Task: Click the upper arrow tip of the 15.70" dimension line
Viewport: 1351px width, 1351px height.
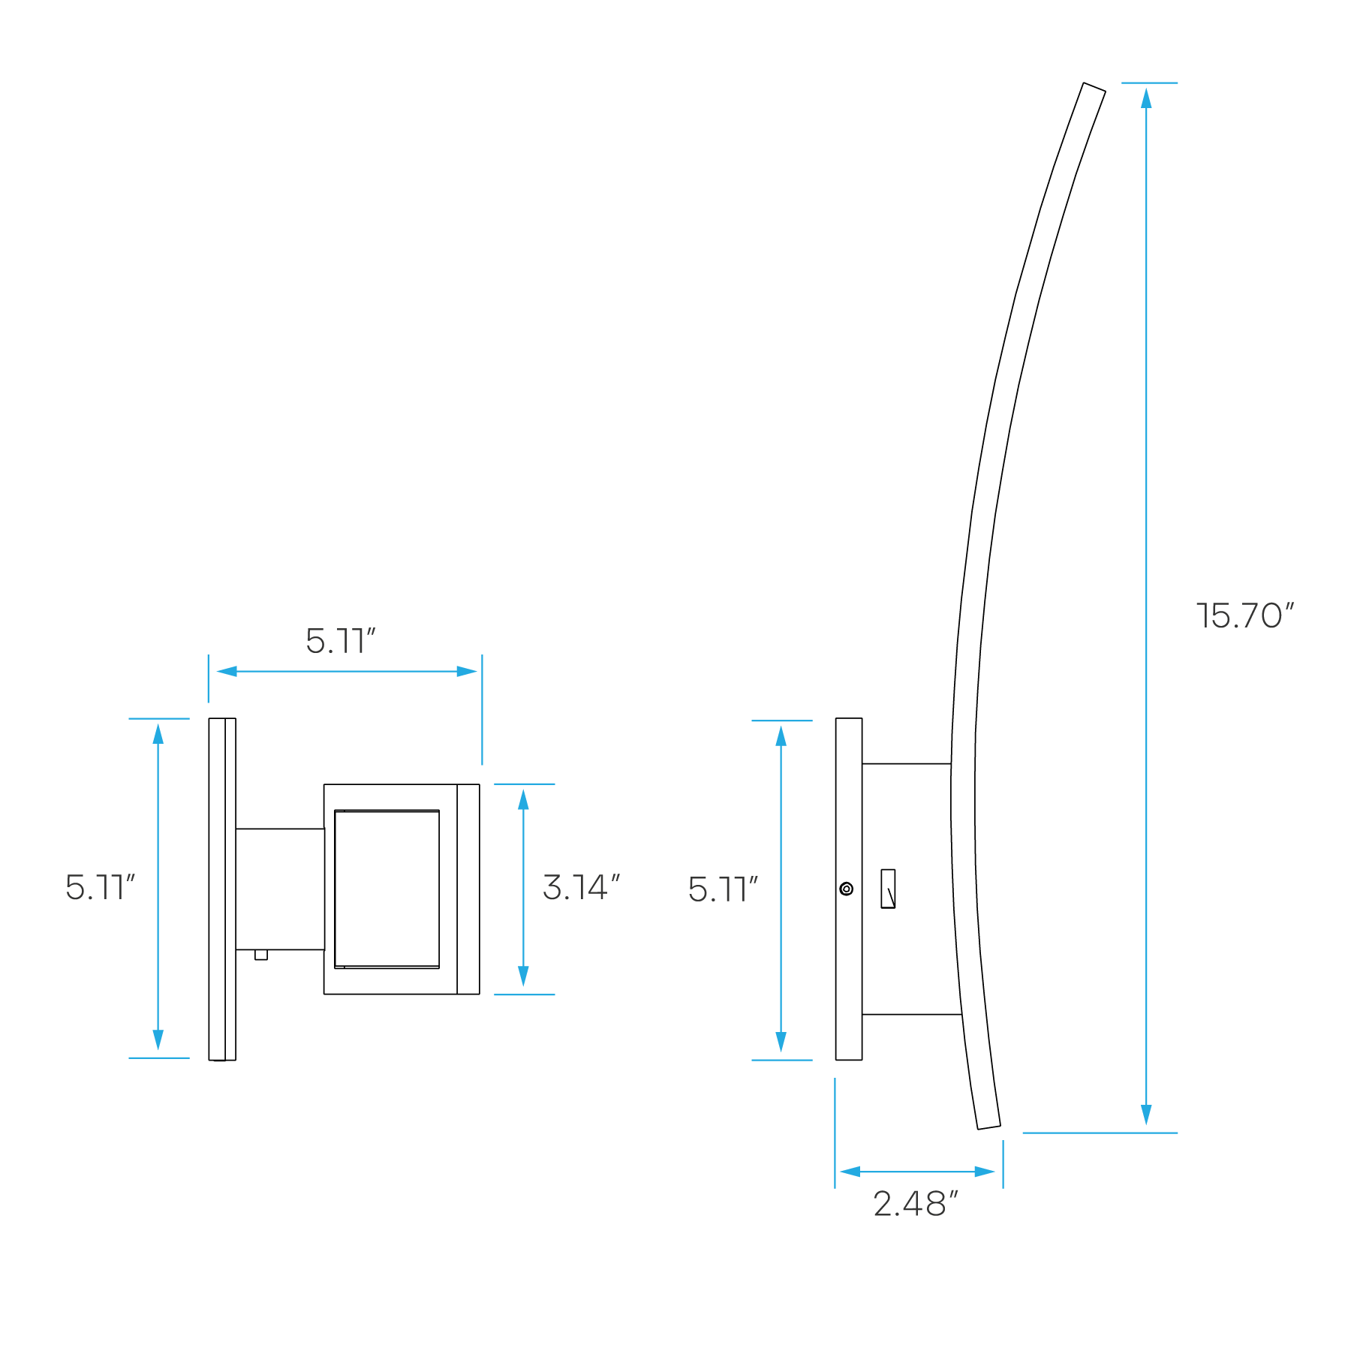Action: (1146, 89)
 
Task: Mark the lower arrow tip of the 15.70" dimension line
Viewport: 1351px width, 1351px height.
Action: (1146, 1125)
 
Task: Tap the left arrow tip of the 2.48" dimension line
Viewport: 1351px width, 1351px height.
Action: (840, 1172)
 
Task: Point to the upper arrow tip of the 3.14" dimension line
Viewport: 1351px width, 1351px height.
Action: (523, 790)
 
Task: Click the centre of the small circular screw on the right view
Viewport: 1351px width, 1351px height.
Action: (847, 889)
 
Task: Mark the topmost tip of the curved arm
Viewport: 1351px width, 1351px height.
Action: (1084, 83)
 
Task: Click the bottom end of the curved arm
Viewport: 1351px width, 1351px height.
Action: (989, 1127)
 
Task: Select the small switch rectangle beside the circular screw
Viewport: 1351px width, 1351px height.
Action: (888, 889)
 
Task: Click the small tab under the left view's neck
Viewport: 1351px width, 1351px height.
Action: (261, 955)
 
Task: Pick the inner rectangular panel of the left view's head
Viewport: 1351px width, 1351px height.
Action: (387, 889)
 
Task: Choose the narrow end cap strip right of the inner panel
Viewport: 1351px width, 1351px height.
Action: (468, 889)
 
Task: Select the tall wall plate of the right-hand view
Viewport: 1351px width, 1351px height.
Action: (849, 889)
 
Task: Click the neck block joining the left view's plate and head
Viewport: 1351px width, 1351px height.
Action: (280, 889)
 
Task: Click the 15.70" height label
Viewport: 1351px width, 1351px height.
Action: (1245, 616)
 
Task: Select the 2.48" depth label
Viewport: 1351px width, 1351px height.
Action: (916, 1204)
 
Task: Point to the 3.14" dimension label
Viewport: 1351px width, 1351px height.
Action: (581, 887)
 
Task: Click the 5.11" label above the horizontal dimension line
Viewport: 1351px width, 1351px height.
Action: (340, 641)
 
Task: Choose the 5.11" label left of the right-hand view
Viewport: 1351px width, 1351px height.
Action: (723, 889)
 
